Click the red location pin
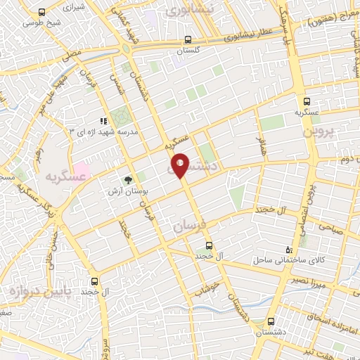180,165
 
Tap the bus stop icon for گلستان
187,40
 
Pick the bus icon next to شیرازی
43,12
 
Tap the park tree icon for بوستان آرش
128,179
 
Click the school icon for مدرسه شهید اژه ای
103,122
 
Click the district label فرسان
187,227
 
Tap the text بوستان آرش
128,191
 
